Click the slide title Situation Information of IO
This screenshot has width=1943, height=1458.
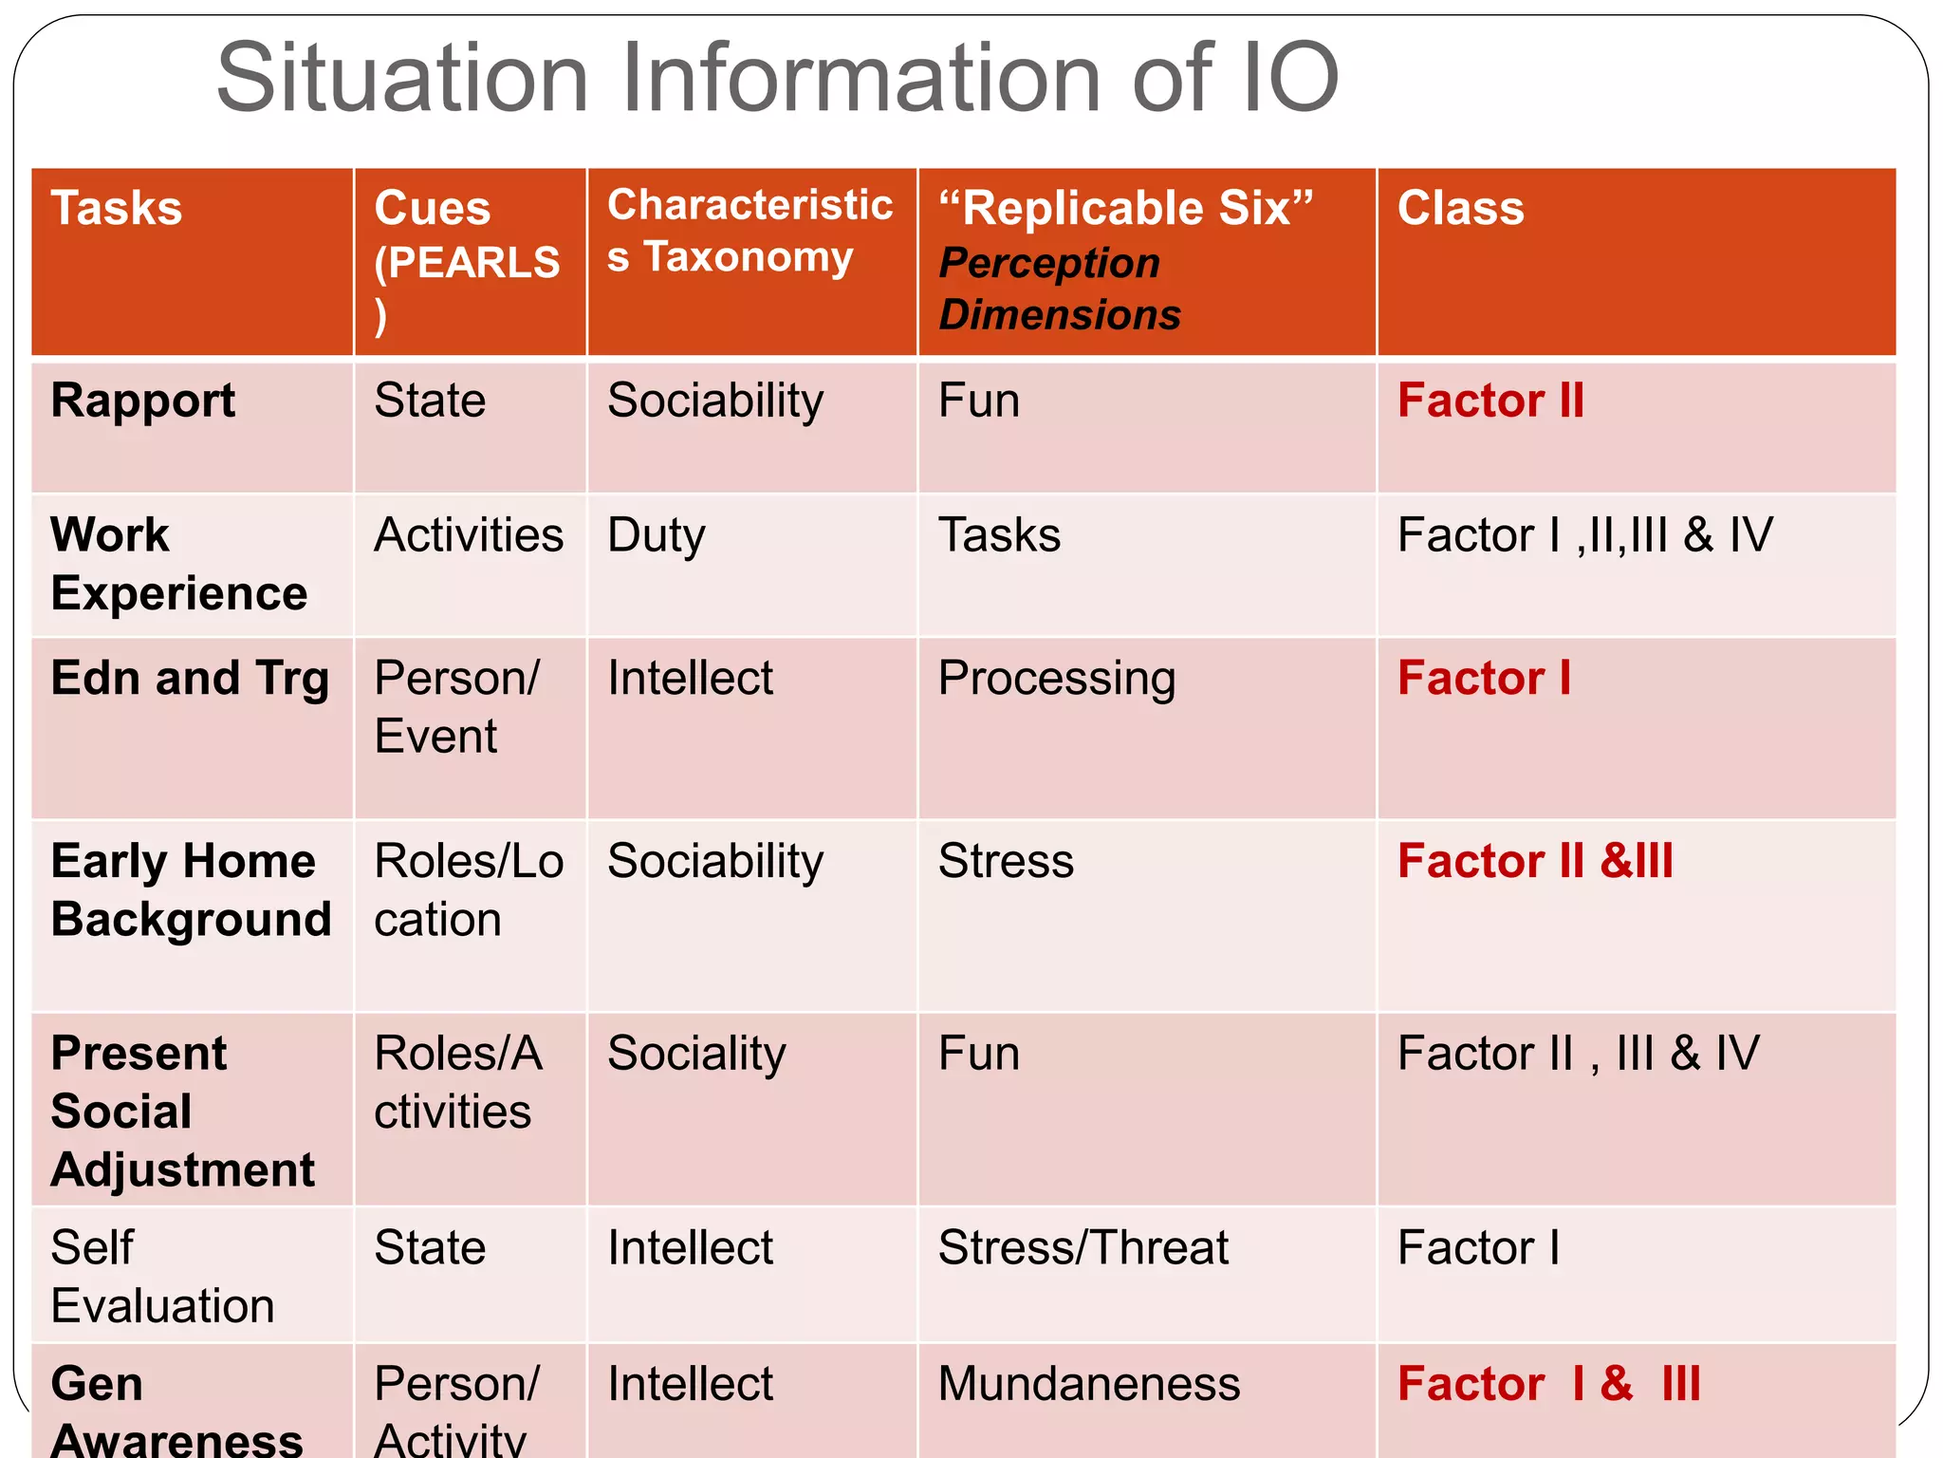(x=778, y=78)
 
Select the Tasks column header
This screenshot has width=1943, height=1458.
(x=116, y=208)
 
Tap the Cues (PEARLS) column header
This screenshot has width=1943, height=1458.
(x=466, y=260)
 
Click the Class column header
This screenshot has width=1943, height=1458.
(x=1460, y=208)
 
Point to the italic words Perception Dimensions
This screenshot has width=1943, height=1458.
(x=1059, y=289)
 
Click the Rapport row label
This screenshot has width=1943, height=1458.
(x=143, y=401)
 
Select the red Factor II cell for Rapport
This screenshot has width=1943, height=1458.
(x=1490, y=401)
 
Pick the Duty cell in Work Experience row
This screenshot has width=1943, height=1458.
(x=657, y=535)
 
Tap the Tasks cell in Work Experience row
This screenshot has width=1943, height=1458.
(x=999, y=535)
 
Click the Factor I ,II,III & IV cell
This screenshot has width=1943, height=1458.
(x=1584, y=535)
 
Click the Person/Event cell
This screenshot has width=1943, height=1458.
(x=456, y=707)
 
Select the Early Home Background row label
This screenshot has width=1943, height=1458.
(x=190, y=889)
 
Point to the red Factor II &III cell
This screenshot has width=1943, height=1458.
(x=1535, y=862)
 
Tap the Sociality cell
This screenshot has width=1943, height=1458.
(x=696, y=1055)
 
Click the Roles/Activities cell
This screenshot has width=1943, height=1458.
(x=457, y=1082)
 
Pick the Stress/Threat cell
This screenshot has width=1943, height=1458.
(x=1083, y=1248)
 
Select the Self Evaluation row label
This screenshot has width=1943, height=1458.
(x=161, y=1277)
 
